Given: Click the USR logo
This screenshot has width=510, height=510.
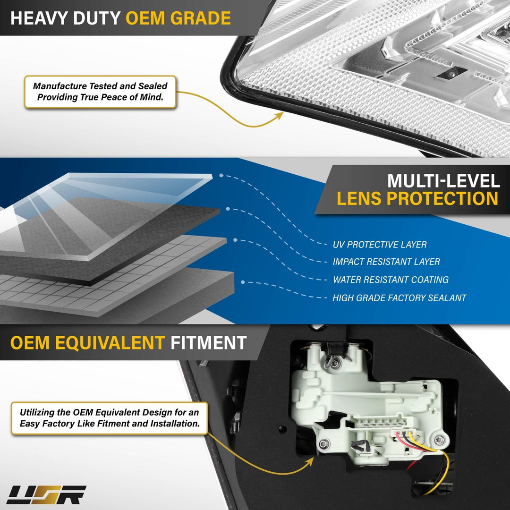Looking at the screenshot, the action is (46, 495).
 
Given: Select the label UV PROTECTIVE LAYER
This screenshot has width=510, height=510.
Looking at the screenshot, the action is (380, 245).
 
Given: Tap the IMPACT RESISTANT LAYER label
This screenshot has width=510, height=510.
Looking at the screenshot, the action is (386, 262).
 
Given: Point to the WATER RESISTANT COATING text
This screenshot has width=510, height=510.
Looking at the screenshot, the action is (391, 280).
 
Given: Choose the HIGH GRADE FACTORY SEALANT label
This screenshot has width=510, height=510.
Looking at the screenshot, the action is (399, 298).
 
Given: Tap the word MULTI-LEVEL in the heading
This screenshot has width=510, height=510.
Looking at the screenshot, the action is (443, 181).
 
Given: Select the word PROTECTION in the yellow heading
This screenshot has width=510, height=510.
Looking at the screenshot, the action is (442, 198).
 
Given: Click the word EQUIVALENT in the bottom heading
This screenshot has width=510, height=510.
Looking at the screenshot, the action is (110, 343).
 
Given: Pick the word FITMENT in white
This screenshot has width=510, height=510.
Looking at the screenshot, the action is (209, 343).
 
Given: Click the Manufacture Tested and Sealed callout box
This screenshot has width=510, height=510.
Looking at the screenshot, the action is (100, 92).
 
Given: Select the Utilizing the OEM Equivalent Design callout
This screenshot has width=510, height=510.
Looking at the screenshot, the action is (109, 418).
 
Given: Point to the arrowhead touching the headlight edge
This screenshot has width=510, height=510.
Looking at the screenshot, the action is (280, 116).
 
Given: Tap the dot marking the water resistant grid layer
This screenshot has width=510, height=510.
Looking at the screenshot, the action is (235, 240).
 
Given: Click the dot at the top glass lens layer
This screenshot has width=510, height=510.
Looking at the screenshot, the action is (221, 175).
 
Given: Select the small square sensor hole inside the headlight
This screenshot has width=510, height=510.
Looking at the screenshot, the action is (451, 74).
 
